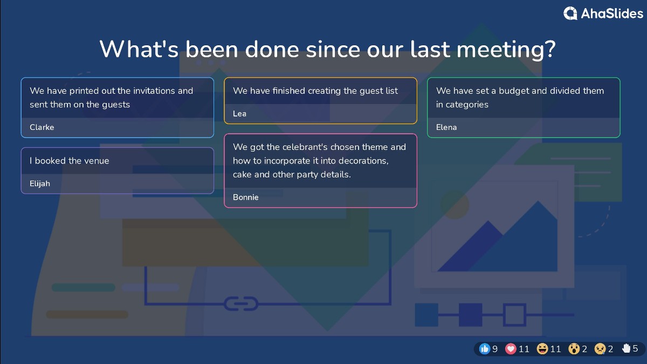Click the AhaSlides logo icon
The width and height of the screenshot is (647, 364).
pyautogui.click(x=570, y=13)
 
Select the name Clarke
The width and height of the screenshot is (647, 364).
pyautogui.click(x=42, y=127)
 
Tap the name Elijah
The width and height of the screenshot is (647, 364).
pyautogui.click(x=40, y=183)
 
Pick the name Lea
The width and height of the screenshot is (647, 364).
pyautogui.click(x=239, y=113)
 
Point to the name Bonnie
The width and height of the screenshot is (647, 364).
pyautogui.click(x=246, y=197)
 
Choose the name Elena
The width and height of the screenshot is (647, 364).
pyautogui.click(x=446, y=127)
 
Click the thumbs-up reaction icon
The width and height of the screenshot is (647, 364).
pyautogui.click(x=485, y=349)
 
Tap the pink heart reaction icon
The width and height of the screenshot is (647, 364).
pyautogui.click(x=511, y=349)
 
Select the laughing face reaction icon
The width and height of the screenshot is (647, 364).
pyautogui.click(x=542, y=349)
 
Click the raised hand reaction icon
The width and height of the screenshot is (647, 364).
pyautogui.click(x=627, y=349)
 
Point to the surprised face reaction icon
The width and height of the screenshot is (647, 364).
pyautogui.click(x=574, y=349)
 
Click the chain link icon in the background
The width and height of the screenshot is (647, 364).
pyautogui.click(x=241, y=304)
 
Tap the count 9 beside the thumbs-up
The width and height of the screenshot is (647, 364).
pyautogui.click(x=495, y=349)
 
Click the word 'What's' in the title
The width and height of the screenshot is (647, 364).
pyautogui.click(x=139, y=49)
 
